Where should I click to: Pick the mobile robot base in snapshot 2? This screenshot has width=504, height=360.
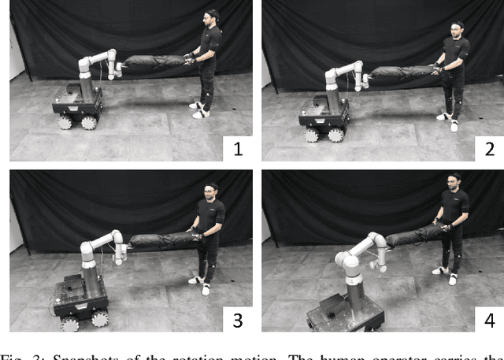(323, 118)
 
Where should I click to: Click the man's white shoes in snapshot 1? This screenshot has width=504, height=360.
(199, 109)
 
